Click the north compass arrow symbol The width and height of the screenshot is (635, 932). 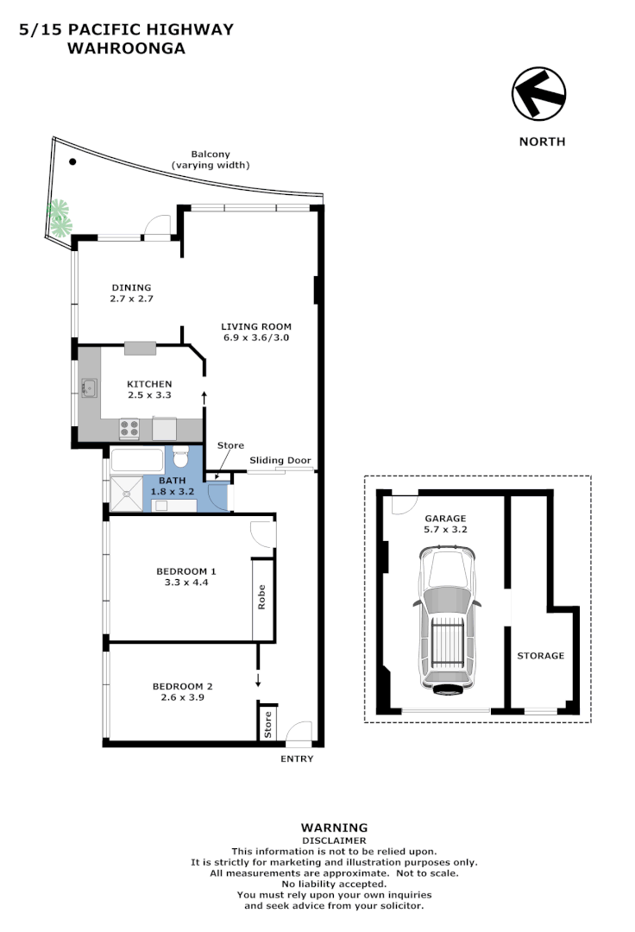[538, 94]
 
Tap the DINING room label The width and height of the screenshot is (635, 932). [131, 287]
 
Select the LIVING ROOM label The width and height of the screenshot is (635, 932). [256, 327]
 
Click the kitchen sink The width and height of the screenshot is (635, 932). [89, 387]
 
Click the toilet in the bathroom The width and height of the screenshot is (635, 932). [181, 456]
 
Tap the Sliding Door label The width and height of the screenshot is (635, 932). [280, 461]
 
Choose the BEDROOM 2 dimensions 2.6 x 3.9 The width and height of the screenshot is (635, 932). [183, 699]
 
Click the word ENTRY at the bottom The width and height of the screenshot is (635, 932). [297, 759]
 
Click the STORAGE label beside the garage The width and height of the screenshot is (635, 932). [540, 656]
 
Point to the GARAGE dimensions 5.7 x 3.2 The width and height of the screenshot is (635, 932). [445, 530]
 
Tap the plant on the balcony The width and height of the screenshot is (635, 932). [59, 217]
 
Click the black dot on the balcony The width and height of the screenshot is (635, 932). [73, 161]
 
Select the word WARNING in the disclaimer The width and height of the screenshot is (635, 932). [334, 828]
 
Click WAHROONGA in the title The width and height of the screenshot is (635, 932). [126, 48]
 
